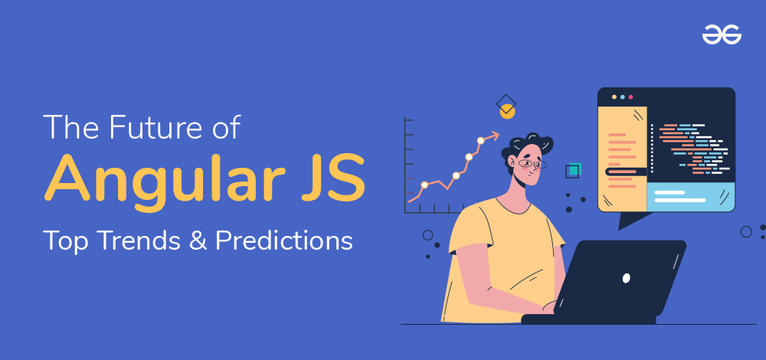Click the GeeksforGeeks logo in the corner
pyautogui.click(x=722, y=34)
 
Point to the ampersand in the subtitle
pyautogui.click(x=199, y=241)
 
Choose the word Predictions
pyautogui.click(x=284, y=241)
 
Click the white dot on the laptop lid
pyautogui.click(x=627, y=278)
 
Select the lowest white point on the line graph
pyautogui.click(x=424, y=185)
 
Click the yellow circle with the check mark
pyautogui.click(x=508, y=111)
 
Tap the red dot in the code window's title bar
pyautogui.click(x=630, y=97)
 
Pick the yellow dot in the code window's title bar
pyautogui.click(x=614, y=97)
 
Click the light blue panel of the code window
pyautogui.click(x=691, y=196)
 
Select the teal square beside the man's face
pyautogui.click(x=575, y=169)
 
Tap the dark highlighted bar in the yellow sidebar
pyautogui.click(x=626, y=172)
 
